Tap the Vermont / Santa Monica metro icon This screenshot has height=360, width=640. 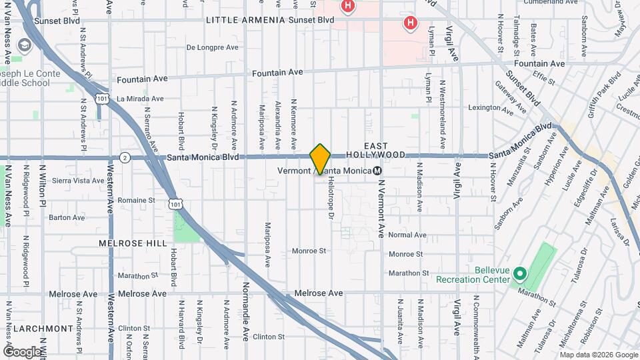coord(377,171)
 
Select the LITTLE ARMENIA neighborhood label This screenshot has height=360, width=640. coord(246,20)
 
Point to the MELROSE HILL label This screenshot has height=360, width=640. coord(132,243)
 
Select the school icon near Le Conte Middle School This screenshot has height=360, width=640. coord(25,45)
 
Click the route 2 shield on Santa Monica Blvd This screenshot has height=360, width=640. coord(125,157)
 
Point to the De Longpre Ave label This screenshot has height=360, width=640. coord(213,47)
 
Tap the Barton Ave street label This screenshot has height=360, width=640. coord(67,217)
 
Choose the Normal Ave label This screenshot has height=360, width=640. coord(407,235)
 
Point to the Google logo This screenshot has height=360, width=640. coord(22,351)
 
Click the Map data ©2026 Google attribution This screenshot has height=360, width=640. coord(598,354)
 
